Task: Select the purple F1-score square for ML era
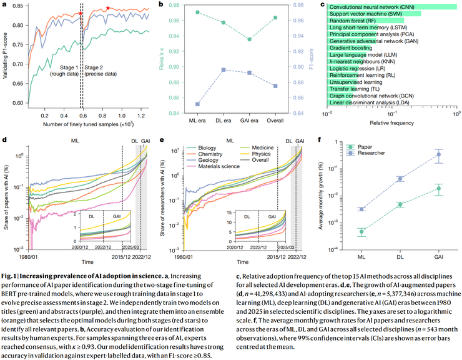[x=198, y=104]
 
